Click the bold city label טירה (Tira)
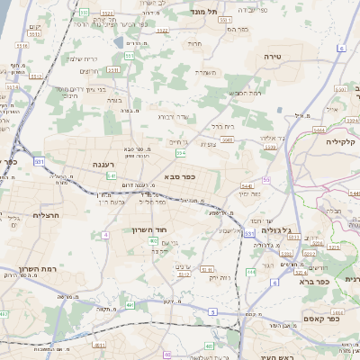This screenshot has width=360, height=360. (x=274, y=56)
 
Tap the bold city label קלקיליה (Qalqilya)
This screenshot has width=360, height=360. (x=342, y=141)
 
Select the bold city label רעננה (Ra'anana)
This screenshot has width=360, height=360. (x=102, y=164)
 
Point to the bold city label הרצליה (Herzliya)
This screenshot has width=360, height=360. (x=45, y=215)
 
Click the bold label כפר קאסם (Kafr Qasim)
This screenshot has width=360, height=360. (x=321, y=318)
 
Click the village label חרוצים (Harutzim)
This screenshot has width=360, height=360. (x=88, y=71)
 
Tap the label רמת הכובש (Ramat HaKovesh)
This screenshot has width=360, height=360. (x=245, y=93)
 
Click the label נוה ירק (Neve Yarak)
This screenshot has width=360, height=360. (x=219, y=276)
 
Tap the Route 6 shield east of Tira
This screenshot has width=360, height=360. (x=341, y=47)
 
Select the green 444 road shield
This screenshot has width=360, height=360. (x=318, y=130)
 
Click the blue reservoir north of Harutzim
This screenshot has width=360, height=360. (x=119, y=41)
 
